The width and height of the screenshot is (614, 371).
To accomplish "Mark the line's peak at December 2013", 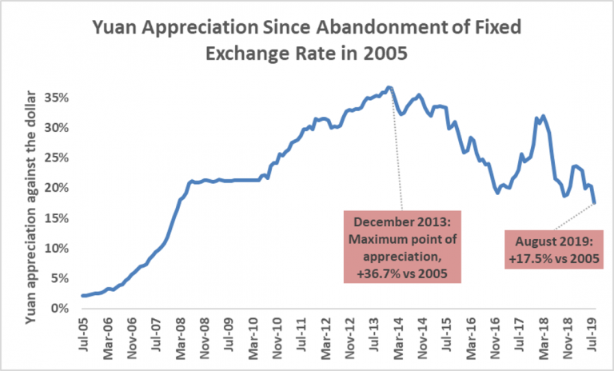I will click(389, 87).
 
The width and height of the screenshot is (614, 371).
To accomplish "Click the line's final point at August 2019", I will click(595, 203).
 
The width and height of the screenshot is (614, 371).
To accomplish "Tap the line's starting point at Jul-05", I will click(82, 296).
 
